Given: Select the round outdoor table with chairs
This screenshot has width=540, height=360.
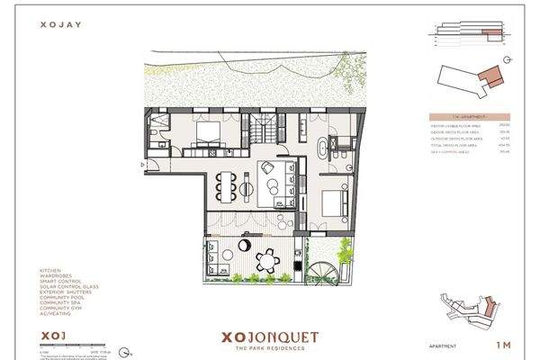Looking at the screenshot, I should pos(268,261).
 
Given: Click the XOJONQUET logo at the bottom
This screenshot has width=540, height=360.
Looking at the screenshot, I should pos(269,337).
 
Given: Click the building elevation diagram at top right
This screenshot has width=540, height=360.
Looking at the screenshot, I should pos(468,34).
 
